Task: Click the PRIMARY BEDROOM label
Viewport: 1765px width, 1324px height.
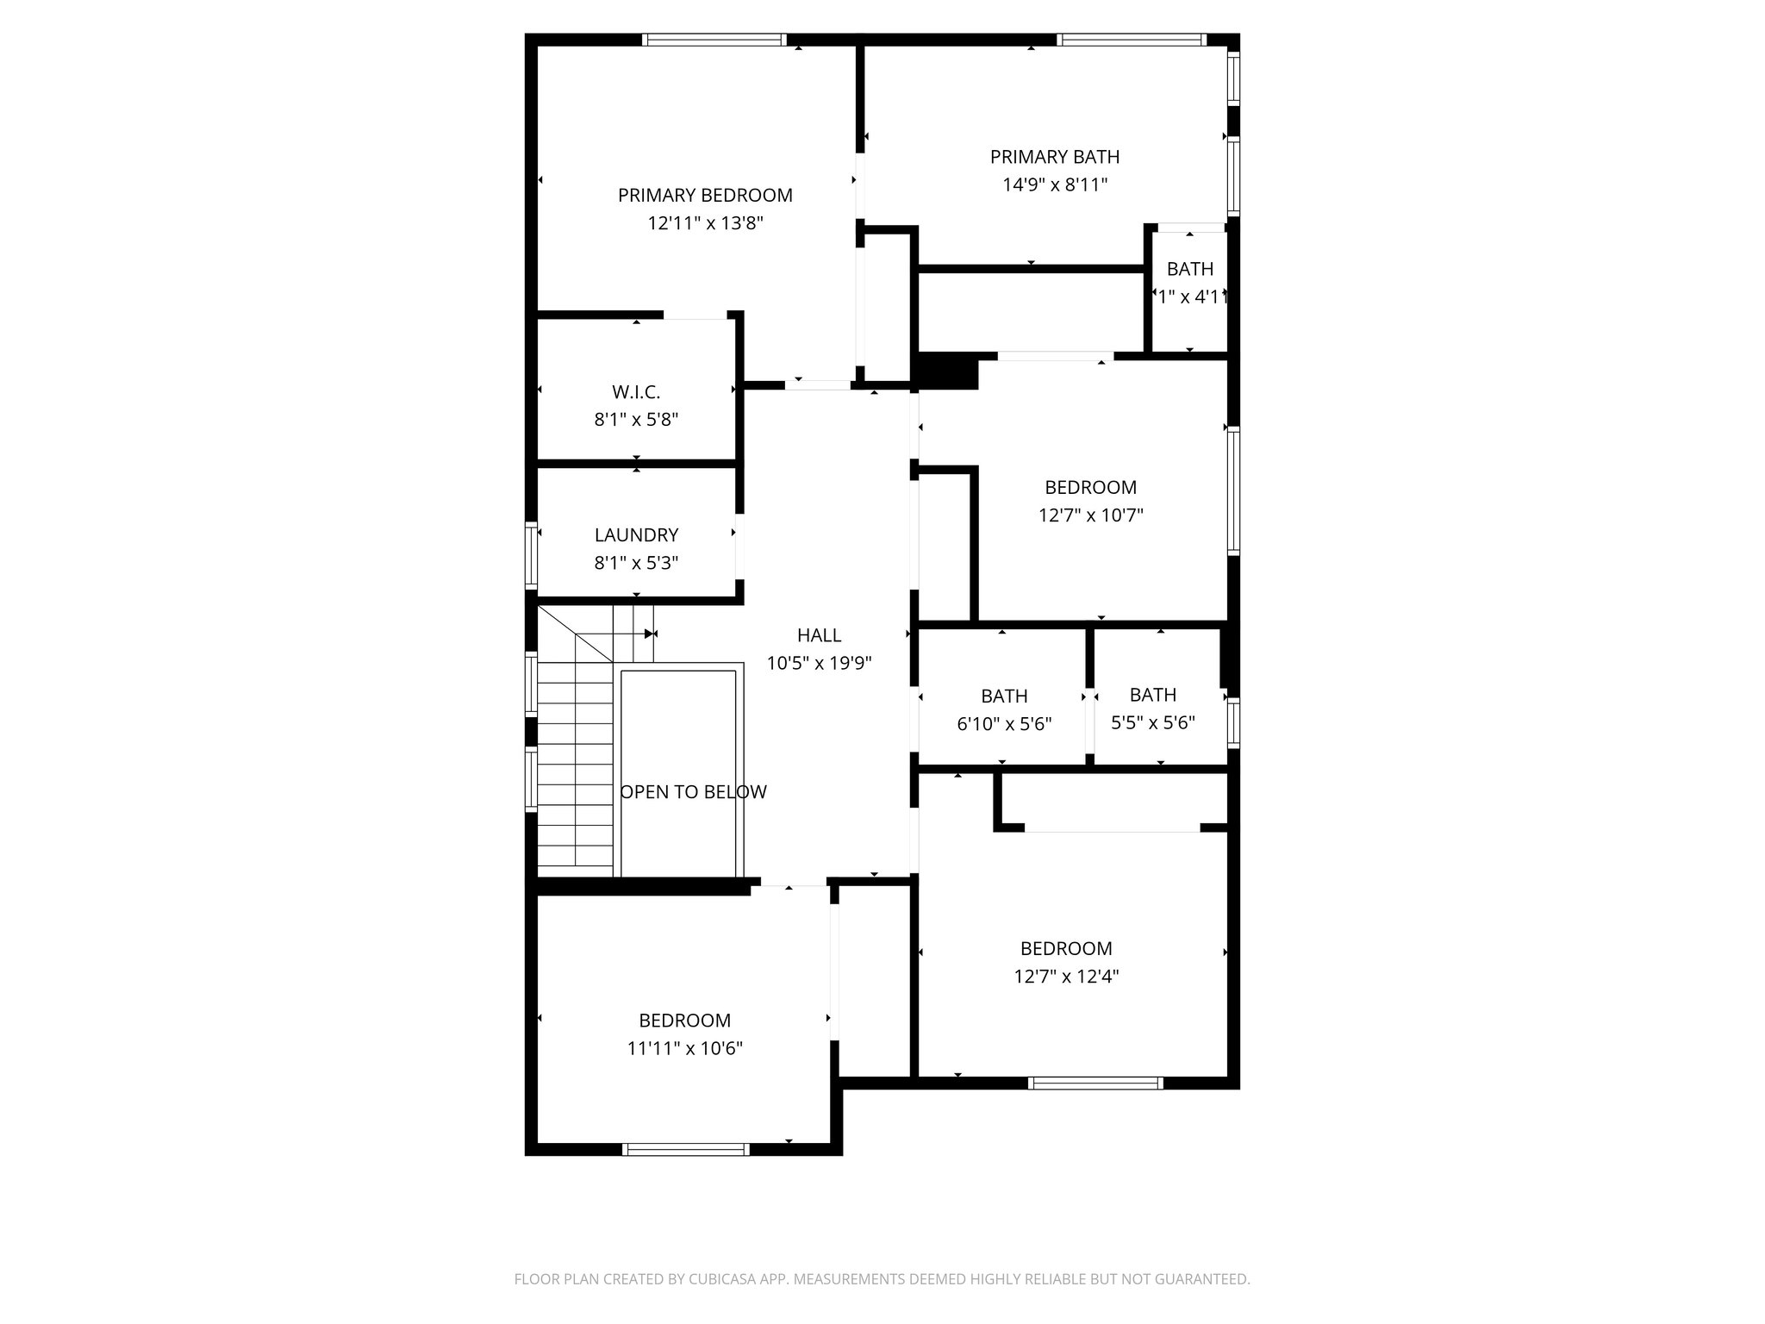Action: [x=705, y=196]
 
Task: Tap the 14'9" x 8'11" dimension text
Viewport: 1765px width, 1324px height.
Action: [x=1055, y=184]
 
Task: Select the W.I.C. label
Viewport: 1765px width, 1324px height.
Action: [x=636, y=392]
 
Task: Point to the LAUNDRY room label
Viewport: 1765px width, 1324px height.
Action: [x=636, y=535]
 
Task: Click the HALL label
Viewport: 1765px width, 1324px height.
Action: [x=819, y=635]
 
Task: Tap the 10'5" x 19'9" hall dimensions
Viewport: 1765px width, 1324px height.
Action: [x=819, y=663]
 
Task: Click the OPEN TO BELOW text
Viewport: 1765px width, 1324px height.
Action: [x=694, y=792]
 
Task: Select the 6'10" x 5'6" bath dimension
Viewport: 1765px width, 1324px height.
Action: [x=1004, y=724]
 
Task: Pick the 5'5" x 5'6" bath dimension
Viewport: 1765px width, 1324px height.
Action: [x=1152, y=722]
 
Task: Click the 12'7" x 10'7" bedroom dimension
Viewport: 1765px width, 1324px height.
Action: [x=1090, y=515]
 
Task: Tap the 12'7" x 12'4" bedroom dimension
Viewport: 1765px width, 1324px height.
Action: [x=1066, y=977]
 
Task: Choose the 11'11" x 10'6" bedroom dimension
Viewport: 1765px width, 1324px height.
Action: [x=685, y=1048]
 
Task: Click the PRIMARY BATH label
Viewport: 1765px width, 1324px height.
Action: [x=1055, y=157]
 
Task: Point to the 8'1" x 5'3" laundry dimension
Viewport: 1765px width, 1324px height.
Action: [x=636, y=563]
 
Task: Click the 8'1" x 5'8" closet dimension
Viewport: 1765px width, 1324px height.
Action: [x=636, y=420]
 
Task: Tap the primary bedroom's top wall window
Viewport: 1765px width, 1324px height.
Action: [x=714, y=40]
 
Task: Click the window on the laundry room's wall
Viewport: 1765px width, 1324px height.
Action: [x=532, y=554]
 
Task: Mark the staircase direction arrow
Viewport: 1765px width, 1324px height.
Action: [x=648, y=634]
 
